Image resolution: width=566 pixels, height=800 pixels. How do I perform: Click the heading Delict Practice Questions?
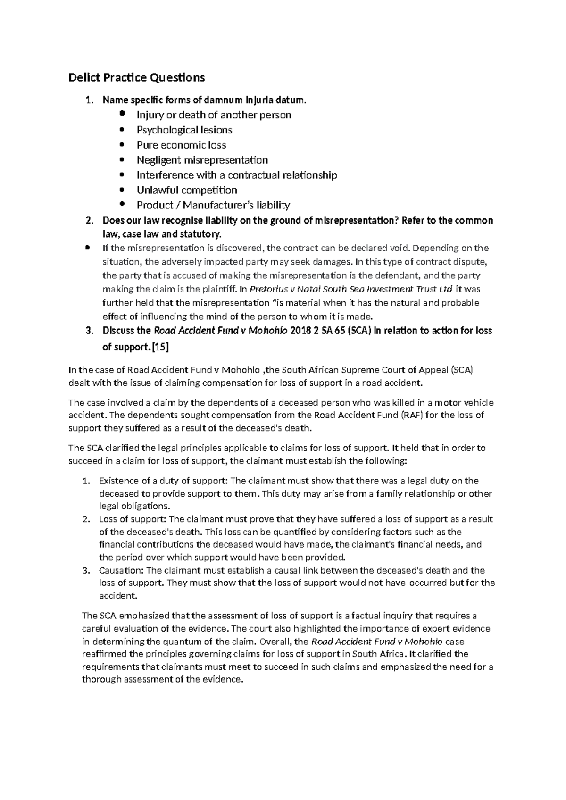(137, 77)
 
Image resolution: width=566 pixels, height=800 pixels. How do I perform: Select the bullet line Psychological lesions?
(184, 130)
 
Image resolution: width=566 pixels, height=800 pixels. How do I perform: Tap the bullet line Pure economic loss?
(181, 145)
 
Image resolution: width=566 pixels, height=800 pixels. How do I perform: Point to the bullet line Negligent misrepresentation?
(202, 160)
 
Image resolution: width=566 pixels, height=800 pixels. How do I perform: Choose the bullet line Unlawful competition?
(187, 190)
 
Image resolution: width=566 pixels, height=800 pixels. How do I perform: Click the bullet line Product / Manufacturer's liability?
(213, 205)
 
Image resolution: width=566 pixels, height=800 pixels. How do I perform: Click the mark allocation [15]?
(160, 347)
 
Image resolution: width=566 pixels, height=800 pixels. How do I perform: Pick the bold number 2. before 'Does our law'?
(89, 221)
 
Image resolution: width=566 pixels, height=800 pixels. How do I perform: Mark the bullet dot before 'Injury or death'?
(123, 114)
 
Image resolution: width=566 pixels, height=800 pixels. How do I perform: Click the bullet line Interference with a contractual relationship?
(237, 175)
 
